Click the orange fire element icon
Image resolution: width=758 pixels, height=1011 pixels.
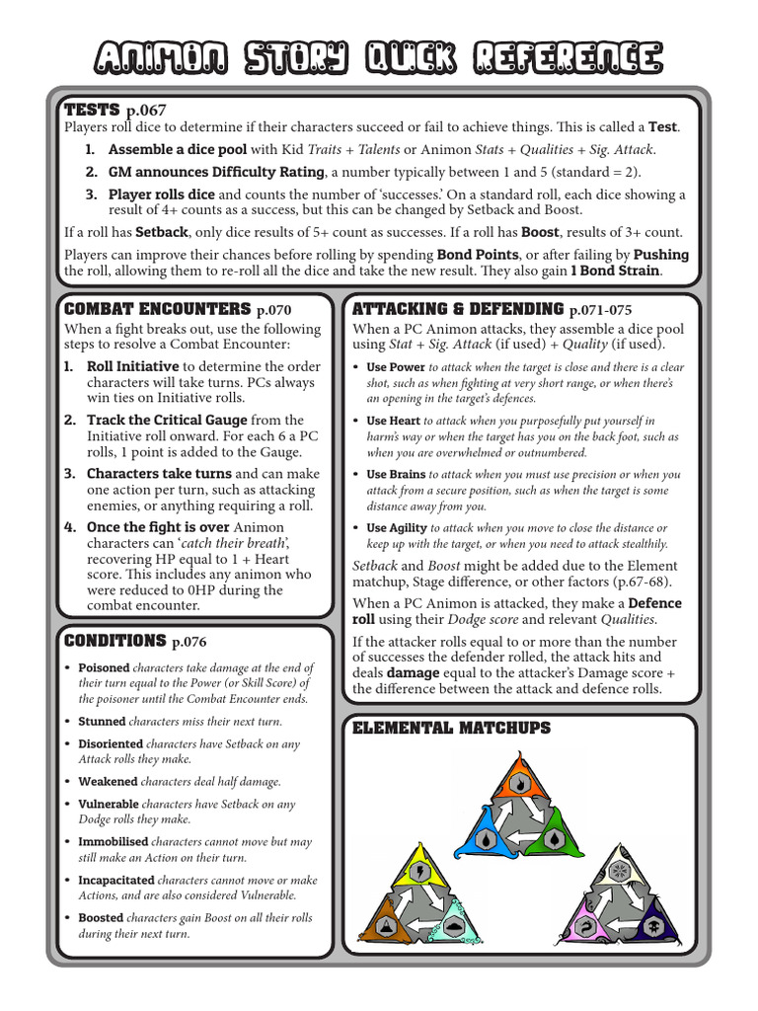516,785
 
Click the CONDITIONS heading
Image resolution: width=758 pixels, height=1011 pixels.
114,640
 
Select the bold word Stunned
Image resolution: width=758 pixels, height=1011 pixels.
102,721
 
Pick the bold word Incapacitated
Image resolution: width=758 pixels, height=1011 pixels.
116,879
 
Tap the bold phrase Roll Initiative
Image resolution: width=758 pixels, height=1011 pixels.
132,365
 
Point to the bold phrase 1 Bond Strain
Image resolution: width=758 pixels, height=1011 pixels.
618,271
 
